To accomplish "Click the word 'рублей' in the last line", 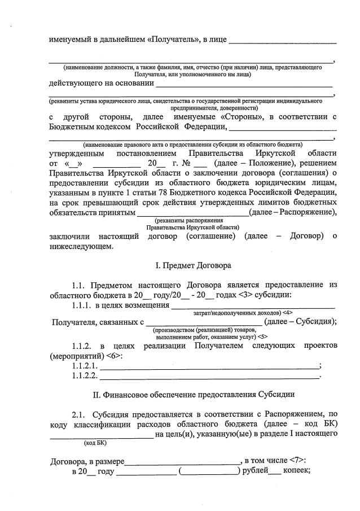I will click(x=254, y=470).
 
